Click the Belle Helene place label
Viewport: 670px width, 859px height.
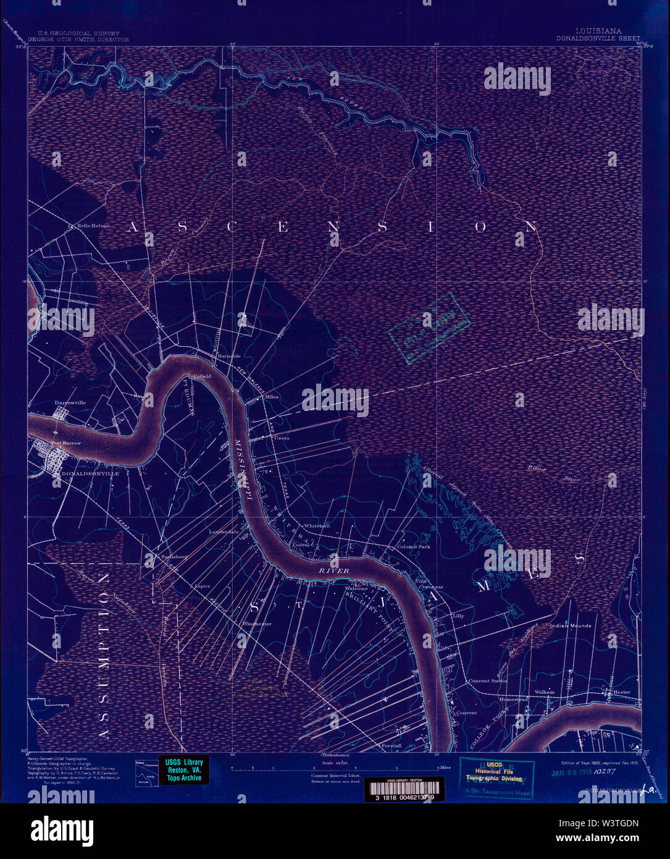93,226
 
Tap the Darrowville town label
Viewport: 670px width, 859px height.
70,402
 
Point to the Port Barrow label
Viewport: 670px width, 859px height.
67,443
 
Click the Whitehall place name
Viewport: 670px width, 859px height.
316,525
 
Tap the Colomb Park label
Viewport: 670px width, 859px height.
413,547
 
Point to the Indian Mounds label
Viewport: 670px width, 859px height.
571,625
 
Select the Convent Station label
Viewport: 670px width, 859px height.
488,680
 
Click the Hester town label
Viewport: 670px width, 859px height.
621,692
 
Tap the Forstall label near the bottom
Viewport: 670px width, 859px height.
392,746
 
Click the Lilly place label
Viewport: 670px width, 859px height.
458,616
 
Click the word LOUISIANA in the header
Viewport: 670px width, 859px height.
598,30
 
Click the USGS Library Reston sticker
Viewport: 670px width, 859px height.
184,769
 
